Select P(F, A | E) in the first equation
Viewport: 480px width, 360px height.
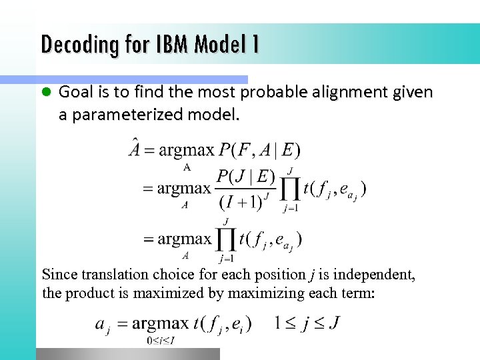coord(259,149)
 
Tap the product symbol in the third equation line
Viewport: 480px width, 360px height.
coord(226,239)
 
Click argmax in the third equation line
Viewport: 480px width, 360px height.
coord(183,238)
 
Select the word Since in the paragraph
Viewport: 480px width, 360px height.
coord(59,275)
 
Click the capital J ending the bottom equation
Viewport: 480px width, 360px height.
coord(333,324)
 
